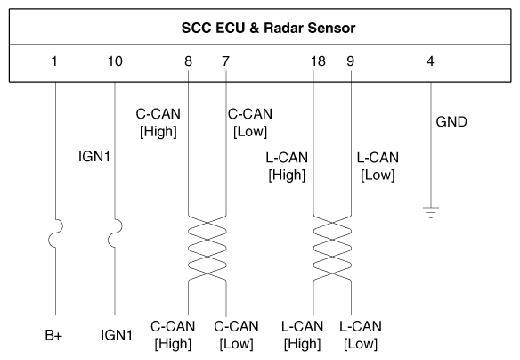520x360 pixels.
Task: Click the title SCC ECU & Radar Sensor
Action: click(x=268, y=28)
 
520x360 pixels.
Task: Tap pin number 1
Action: click(x=54, y=61)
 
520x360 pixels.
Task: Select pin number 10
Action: click(x=115, y=61)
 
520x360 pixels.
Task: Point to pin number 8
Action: click(x=188, y=61)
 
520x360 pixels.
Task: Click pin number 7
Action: click(x=225, y=61)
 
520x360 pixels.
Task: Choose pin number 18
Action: click(x=318, y=61)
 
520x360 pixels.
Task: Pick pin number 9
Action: click(x=351, y=61)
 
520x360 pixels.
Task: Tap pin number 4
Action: click(x=430, y=61)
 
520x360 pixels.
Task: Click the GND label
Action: click(x=451, y=122)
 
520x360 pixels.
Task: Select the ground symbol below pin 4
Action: click(x=431, y=212)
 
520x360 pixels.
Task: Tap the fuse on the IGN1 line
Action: click(x=115, y=233)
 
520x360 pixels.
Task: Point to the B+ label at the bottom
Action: click(x=53, y=335)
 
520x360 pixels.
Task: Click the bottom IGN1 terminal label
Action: click(x=117, y=335)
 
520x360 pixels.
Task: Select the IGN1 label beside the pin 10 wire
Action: click(x=94, y=156)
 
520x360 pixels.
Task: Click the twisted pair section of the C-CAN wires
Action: click(x=207, y=249)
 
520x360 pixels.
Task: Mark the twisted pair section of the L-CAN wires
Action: click(x=332, y=249)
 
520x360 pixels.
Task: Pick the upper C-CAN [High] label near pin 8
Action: click(x=158, y=123)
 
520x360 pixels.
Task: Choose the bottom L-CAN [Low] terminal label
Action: click(x=361, y=335)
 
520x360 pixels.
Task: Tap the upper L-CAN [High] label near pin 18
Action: click(x=287, y=167)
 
